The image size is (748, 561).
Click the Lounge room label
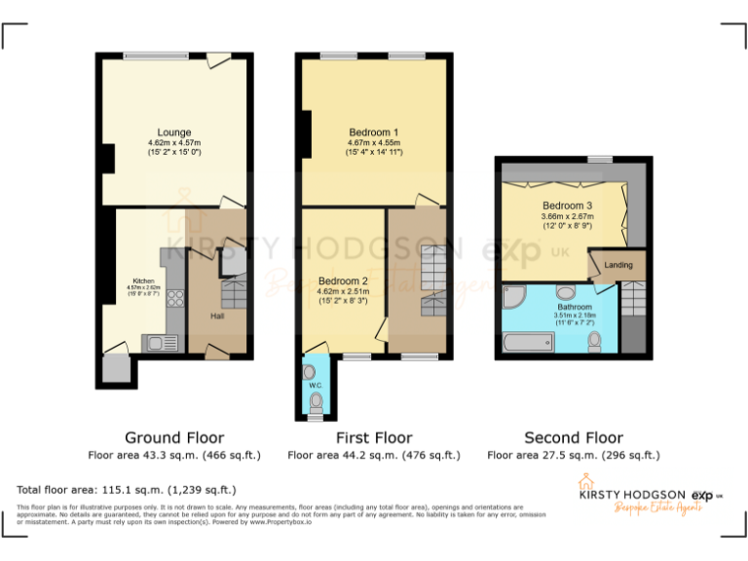coord(174,132)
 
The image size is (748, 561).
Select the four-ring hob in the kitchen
coord(177,299)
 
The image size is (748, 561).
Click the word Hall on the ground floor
coord(218,316)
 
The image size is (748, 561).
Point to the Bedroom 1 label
coord(374,132)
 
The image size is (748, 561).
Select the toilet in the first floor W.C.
coord(316,400)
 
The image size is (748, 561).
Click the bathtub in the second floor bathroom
coord(528,342)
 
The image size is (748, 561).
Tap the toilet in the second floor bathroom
coord(595,340)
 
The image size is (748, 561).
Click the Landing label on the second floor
coord(617,265)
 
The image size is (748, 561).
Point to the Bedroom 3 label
coord(567,206)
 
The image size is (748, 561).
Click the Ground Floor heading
coord(174,437)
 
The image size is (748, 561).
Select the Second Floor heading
coord(573,437)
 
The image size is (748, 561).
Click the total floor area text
coord(127,489)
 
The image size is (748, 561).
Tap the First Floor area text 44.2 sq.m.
coord(374,455)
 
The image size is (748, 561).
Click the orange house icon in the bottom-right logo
coord(585,481)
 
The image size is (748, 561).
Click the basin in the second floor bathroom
coord(565,291)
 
